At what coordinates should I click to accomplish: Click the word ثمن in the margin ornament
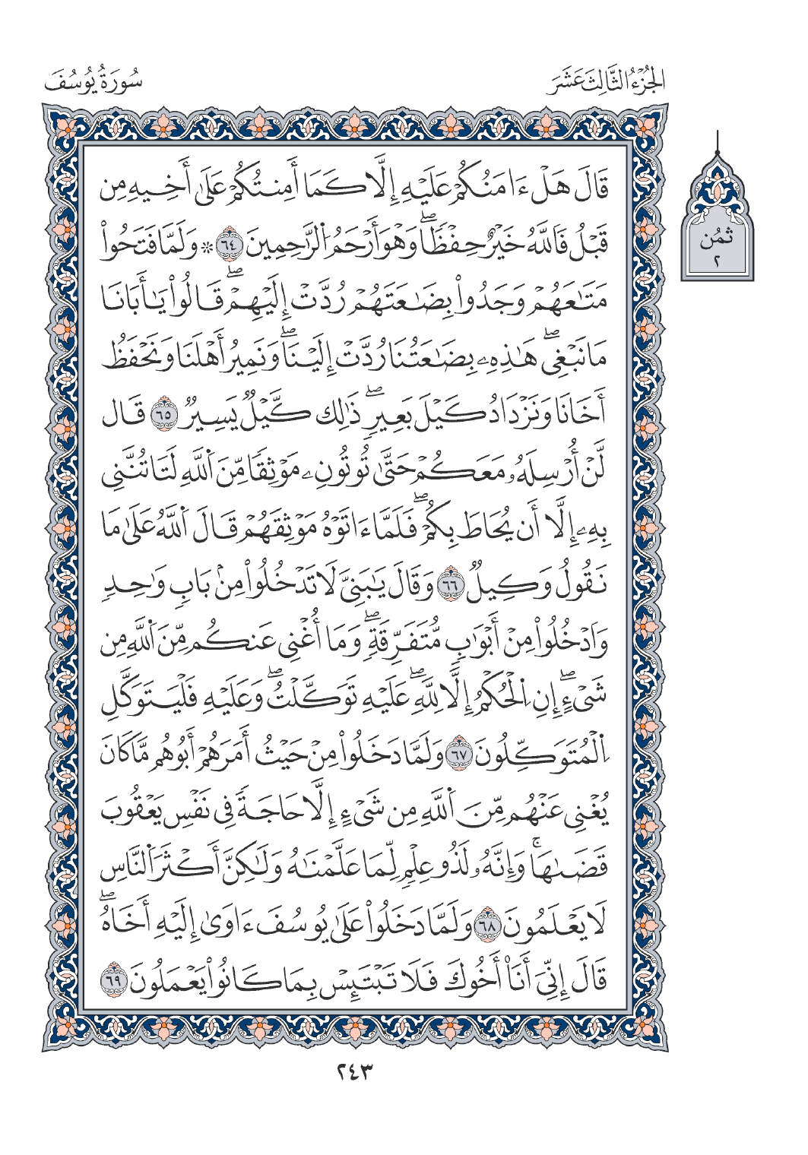[x=718, y=241]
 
